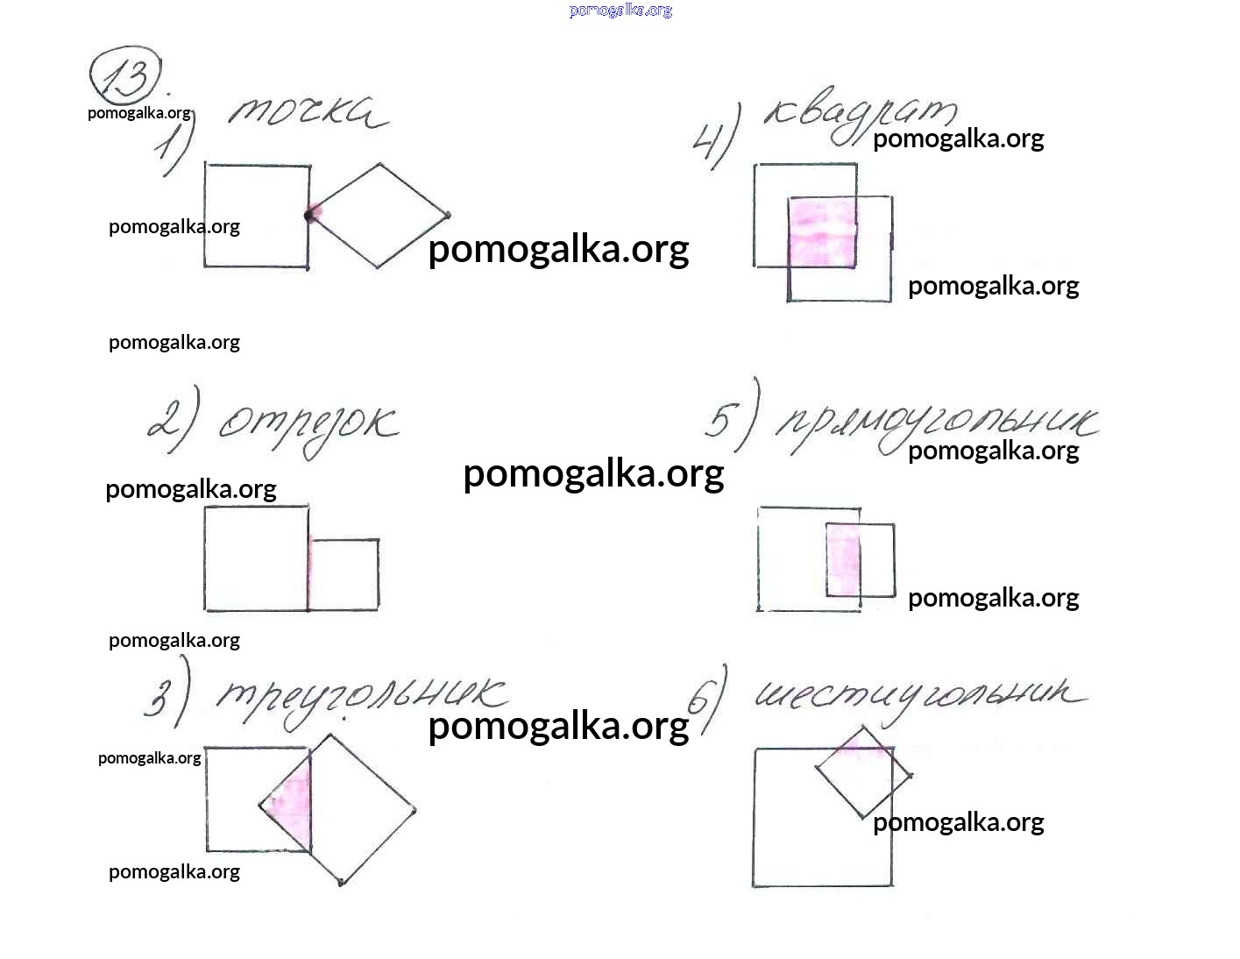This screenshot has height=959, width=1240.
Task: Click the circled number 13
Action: (125, 77)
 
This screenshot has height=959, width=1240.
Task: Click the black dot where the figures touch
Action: (309, 215)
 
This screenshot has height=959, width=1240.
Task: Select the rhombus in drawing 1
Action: (379, 215)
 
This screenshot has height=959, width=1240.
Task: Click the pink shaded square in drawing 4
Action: (822, 232)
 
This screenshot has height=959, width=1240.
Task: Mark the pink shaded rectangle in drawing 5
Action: (843, 560)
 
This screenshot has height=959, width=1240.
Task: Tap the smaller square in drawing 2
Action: (344, 574)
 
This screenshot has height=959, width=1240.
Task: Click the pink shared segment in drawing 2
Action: (309, 574)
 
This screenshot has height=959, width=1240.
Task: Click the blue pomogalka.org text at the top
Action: (620, 11)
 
